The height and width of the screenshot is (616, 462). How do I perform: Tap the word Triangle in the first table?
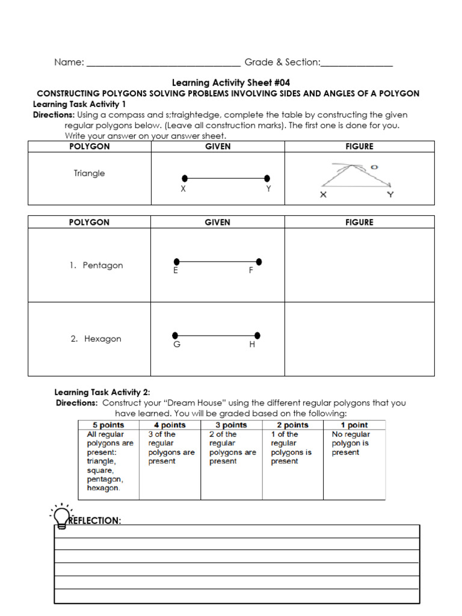click(x=89, y=173)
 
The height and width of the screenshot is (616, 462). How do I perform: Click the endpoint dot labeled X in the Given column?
click(x=185, y=178)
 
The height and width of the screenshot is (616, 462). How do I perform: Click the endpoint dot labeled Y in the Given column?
click(x=267, y=178)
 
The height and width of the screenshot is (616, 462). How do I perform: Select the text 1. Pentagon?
click(x=95, y=265)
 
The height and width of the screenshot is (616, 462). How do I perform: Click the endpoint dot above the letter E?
click(x=176, y=262)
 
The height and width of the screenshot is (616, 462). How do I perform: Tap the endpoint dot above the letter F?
click(x=259, y=262)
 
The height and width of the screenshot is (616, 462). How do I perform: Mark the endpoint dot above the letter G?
click(x=175, y=335)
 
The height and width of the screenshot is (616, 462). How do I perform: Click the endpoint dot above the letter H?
click(x=257, y=335)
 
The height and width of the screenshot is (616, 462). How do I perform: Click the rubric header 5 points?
click(x=108, y=425)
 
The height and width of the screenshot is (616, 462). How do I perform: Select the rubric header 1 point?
click(x=354, y=425)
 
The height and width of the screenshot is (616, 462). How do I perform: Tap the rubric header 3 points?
click(x=231, y=425)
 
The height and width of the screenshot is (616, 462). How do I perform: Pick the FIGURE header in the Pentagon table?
click(x=359, y=222)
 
